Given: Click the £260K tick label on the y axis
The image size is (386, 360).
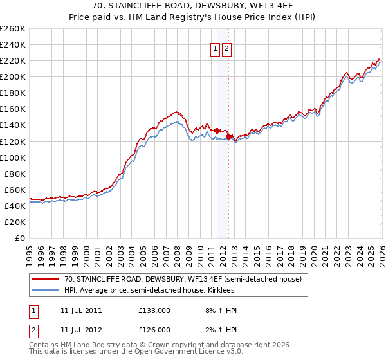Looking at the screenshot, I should (13, 29).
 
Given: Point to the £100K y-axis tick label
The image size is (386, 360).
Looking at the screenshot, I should (13, 157).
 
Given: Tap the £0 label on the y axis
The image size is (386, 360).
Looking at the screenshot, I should (19, 238).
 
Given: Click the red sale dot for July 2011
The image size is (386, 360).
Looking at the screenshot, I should (217, 130).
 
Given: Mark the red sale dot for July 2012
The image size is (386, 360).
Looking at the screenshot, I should (228, 136).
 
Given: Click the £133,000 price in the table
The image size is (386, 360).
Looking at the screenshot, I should (154, 310).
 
